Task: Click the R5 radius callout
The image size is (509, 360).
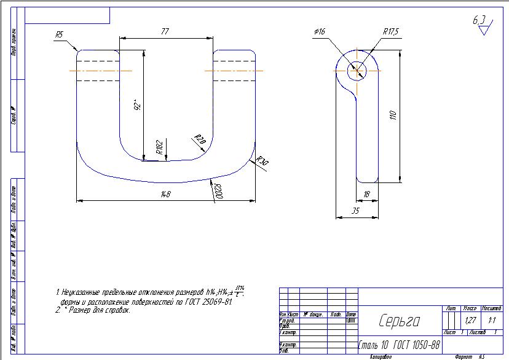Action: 60,35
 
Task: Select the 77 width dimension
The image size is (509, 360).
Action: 165,31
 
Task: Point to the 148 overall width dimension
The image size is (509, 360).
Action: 165,195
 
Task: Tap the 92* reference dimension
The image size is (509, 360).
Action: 138,106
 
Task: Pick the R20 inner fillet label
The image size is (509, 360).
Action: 199,139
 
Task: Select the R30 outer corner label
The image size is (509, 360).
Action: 262,162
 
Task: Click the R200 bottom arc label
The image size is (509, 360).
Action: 218,192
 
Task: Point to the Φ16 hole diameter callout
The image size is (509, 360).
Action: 319,31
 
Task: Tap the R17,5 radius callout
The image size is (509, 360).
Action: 391,31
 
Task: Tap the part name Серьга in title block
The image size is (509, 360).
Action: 399,321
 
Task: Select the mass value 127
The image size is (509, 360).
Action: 471,321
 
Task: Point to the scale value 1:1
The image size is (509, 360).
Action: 492,321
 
